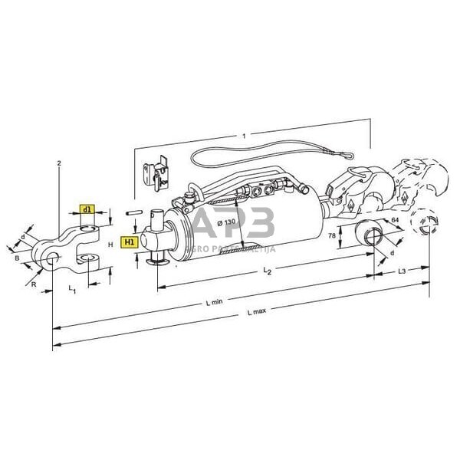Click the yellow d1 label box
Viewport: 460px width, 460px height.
point(87,209)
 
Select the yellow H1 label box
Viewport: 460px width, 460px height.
point(129,241)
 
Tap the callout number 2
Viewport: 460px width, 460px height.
point(58,163)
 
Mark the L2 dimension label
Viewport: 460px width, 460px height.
point(266,272)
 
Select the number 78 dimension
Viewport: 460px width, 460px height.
point(333,236)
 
